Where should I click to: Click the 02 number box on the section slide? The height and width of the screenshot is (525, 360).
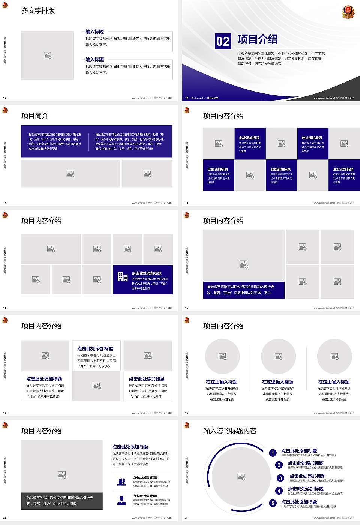point(223,41)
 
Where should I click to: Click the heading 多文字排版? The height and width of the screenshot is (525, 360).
point(38,11)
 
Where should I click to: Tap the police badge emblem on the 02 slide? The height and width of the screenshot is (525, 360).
point(348,12)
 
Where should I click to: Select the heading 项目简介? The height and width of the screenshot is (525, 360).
point(35,116)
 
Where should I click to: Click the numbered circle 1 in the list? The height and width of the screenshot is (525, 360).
point(273,453)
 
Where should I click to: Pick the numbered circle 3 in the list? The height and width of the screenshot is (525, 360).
point(280,478)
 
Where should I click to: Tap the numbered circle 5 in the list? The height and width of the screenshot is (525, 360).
point(273,503)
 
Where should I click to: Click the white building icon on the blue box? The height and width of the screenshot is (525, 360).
point(122,277)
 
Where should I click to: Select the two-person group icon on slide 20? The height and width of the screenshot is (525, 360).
point(121,482)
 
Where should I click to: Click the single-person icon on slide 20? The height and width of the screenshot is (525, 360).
point(121,500)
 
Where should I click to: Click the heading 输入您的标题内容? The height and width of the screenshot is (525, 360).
point(230,431)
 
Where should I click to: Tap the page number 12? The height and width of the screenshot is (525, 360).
point(5,98)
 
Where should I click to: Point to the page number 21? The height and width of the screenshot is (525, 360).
point(187,518)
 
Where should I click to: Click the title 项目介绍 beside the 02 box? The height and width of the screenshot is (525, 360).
point(258,39)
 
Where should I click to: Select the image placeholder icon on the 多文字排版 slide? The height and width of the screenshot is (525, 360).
point(48,55)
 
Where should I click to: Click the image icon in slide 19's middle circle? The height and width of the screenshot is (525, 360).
point(279,356)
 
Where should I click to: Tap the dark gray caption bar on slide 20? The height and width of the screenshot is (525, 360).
point(62,501)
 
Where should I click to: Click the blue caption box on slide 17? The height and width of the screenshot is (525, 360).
point(244,290)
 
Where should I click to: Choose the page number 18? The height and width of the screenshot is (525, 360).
point(5,413)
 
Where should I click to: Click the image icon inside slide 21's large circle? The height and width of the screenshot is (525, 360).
point(241,477)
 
